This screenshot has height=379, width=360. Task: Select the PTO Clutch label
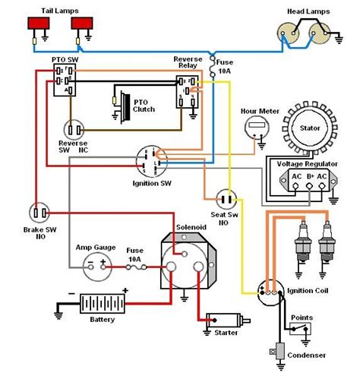coord(144,104)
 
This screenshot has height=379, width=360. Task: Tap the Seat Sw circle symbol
coord(224,199)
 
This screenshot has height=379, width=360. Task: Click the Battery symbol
coord(101,305)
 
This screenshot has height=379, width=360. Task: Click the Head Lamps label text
coord(308,12)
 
